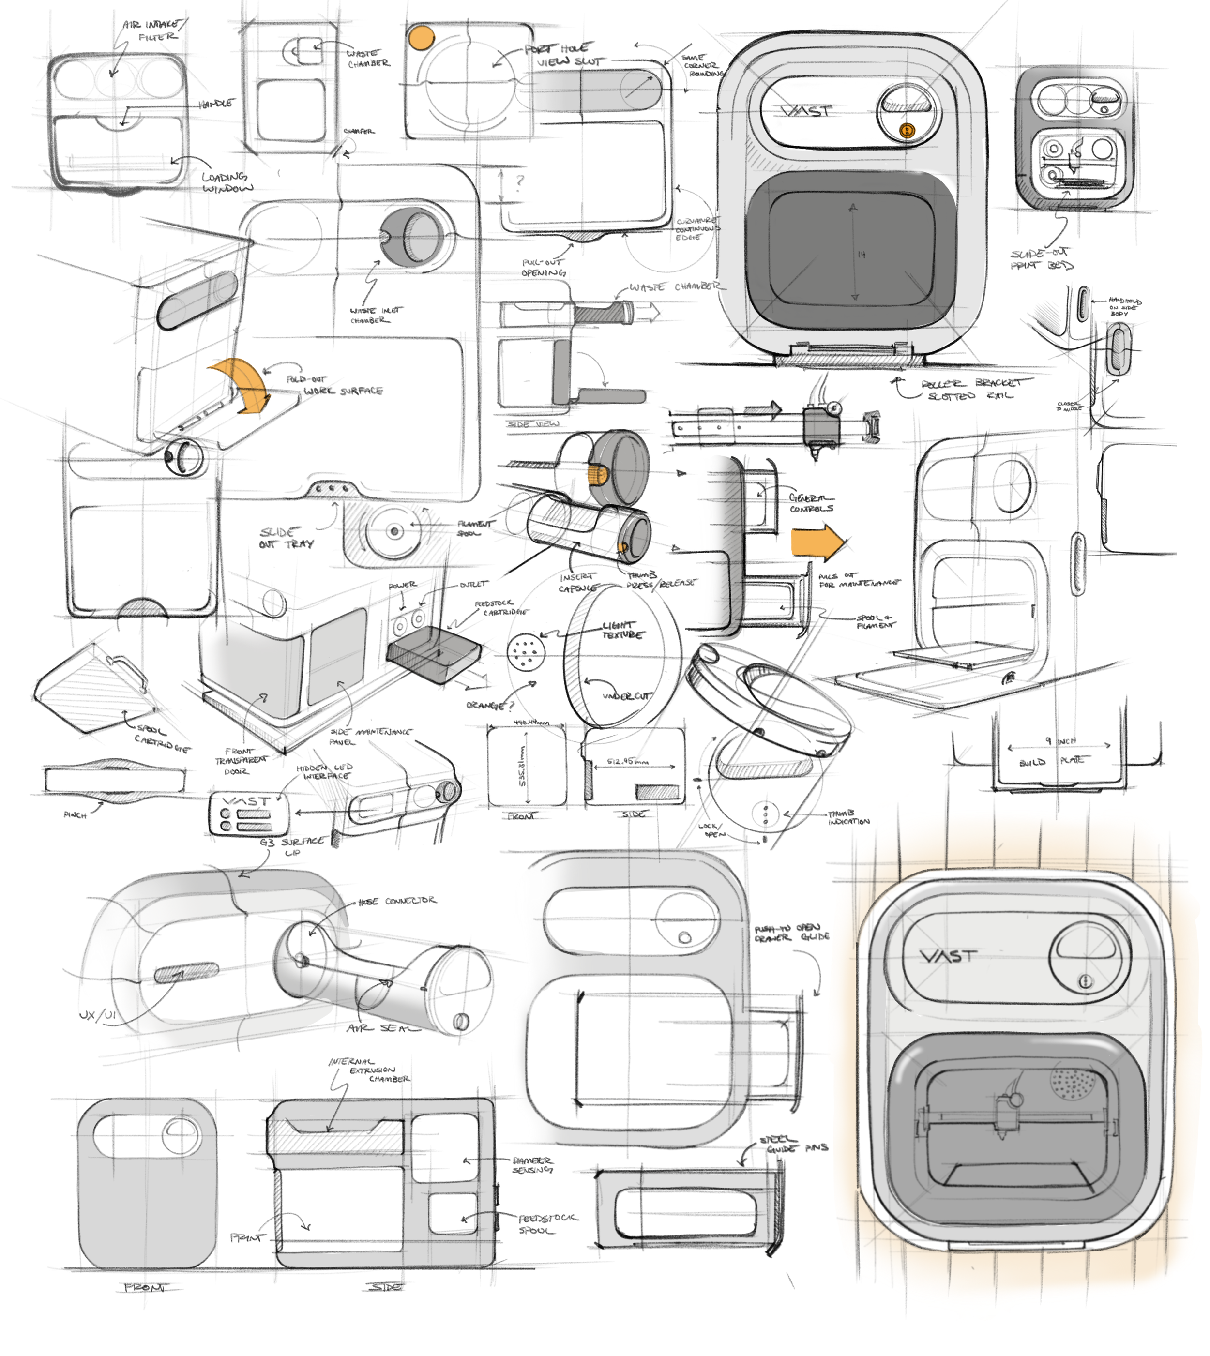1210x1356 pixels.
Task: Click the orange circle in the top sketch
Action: (421, 38)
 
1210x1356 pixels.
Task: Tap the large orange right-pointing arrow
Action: (817, 542)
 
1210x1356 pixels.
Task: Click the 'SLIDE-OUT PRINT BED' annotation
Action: (1041, 259)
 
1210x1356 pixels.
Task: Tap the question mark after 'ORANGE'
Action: (511, 705)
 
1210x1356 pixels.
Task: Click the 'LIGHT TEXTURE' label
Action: (621, 630)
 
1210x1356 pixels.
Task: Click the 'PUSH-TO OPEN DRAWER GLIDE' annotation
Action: (791, 933)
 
